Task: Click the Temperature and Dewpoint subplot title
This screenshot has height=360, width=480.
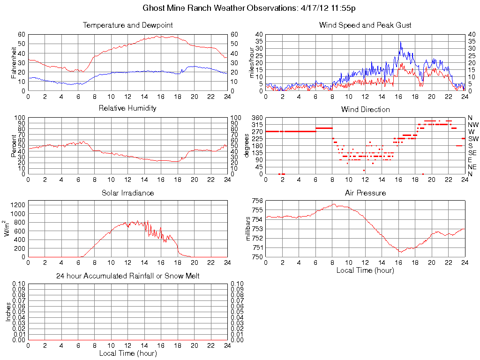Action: [127, 25]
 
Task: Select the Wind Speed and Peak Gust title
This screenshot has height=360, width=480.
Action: [365, 25]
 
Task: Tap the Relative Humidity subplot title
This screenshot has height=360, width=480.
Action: [127, 108]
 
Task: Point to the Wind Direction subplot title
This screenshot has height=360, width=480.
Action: [365, 109]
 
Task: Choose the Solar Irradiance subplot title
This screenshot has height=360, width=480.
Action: [127, 193]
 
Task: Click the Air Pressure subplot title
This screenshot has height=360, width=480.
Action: [365, 193]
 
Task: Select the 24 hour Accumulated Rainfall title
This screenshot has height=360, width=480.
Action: [127, 276]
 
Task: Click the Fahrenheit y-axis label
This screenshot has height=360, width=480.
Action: [15, 62]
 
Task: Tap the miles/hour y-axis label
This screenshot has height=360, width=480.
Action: [252, 62]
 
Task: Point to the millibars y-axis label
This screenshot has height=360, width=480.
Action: [249, 229]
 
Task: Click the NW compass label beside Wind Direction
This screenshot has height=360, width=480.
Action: [473, 125]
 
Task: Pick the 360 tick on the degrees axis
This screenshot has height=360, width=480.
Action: [256, 117]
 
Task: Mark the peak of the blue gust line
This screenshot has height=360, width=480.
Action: [400, 42]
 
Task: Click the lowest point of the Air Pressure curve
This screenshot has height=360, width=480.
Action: [401, 252]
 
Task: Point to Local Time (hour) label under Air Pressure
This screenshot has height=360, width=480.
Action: [365, 270]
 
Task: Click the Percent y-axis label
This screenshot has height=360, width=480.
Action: [15, 146]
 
